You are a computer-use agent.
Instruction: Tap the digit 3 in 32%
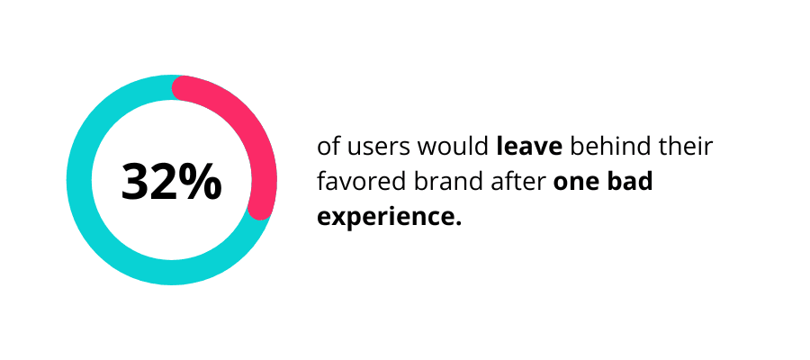tap(137, 181)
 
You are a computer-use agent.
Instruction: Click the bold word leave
tap(529, 148)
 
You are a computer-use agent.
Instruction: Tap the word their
tap(679, 148)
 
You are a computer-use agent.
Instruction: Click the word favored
tap(354, 182)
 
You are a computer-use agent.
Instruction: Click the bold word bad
tap(629, 182)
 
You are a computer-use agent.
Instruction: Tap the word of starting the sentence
tap(329, 148)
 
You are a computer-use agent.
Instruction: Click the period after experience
tap(456, 223)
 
